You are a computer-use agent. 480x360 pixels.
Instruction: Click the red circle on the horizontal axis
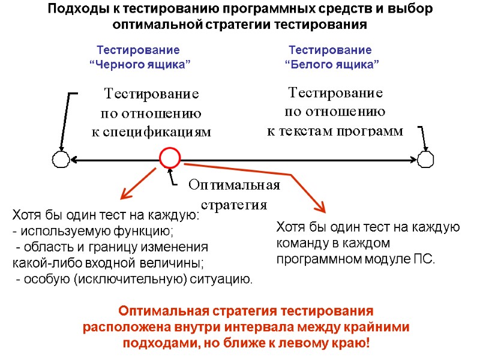coord(170,158)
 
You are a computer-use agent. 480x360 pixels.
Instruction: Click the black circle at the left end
coord(61,160)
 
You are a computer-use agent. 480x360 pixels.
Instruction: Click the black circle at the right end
coord(425,160)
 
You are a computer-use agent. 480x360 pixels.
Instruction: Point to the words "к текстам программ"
coord(335,131)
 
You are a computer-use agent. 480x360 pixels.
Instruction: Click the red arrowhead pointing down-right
coord(320,208)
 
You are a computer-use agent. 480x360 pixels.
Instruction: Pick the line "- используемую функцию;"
coord(92,231)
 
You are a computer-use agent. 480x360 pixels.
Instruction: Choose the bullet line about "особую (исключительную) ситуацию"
coord(134,279)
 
